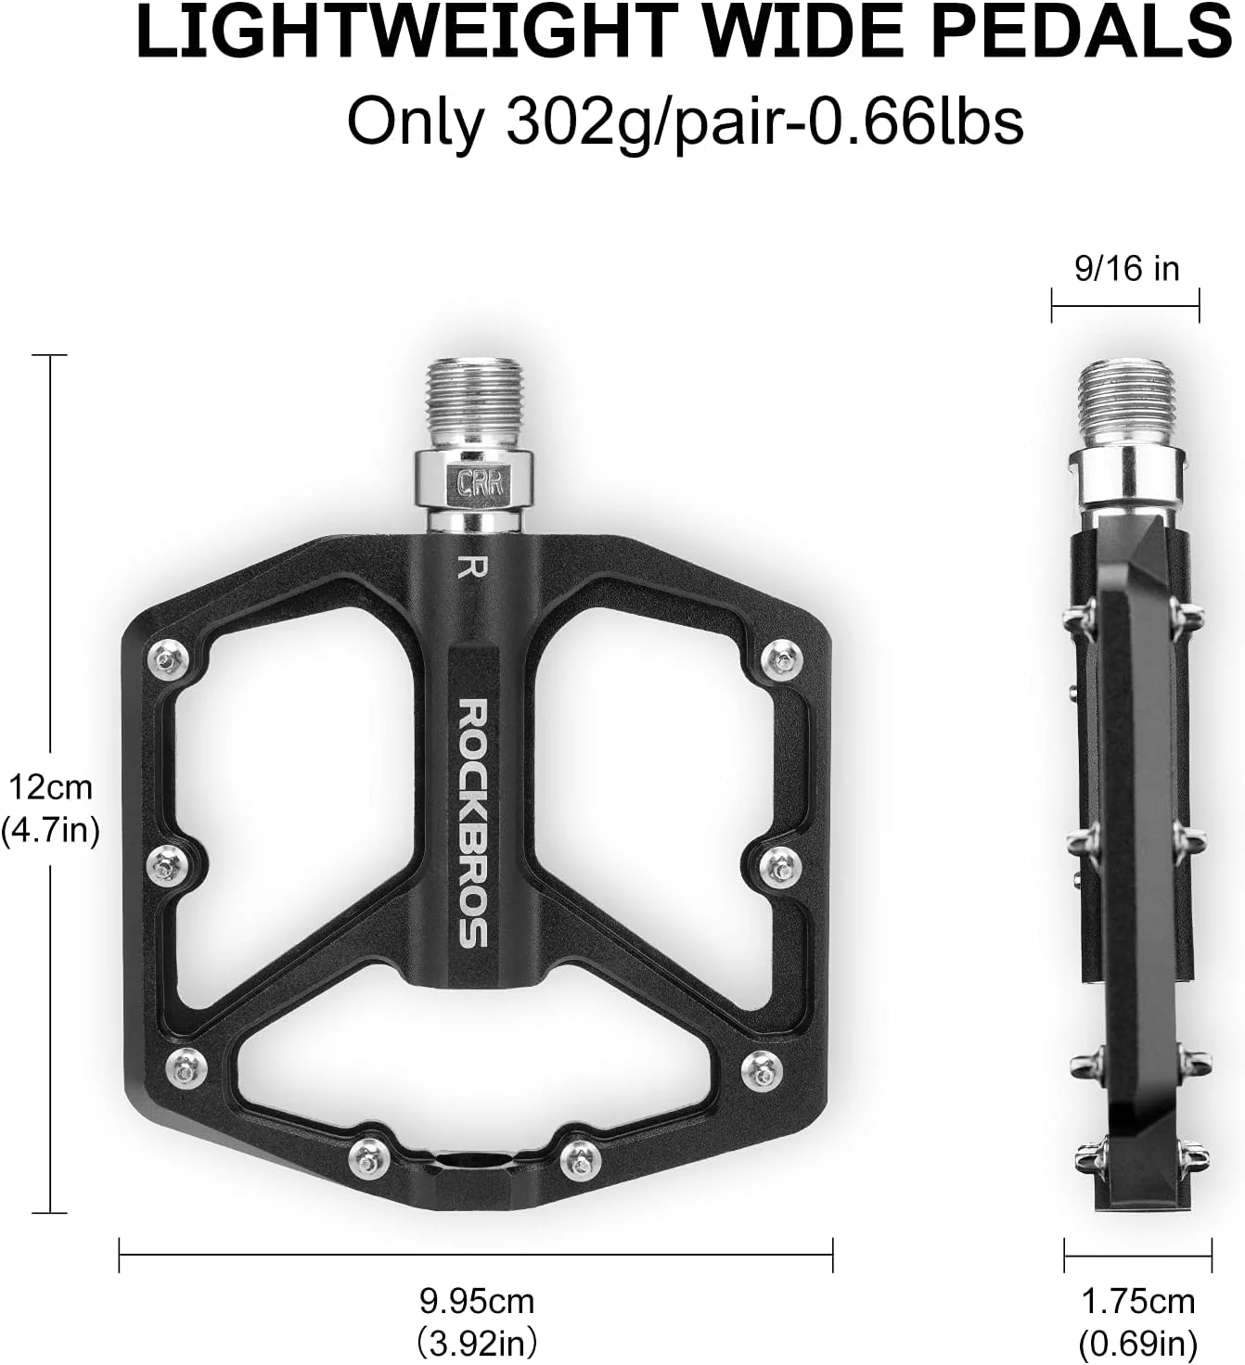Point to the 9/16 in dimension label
(x=1126, y=268)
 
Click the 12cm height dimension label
(x=51, y=787)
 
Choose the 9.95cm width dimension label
(x=477, y=1301)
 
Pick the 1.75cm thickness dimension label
(x=1137, y=1301)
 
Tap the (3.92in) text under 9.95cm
(x=477, y=1342)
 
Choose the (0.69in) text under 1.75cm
(x=1137, y=1342)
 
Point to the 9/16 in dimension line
(x=1125, y=302)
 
